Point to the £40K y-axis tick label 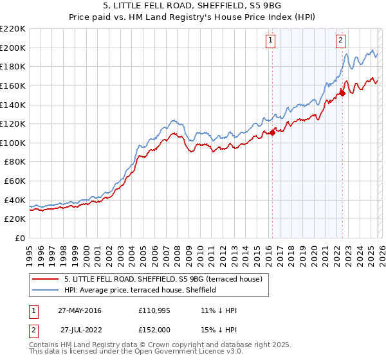click(x=14, y=201)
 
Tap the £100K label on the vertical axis click(x=12, y=143)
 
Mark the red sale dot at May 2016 click(x=272, y=132)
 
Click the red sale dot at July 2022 click(x=342, y=93)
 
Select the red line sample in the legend click(x=45, y=280)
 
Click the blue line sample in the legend click(x=45, y=291)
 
